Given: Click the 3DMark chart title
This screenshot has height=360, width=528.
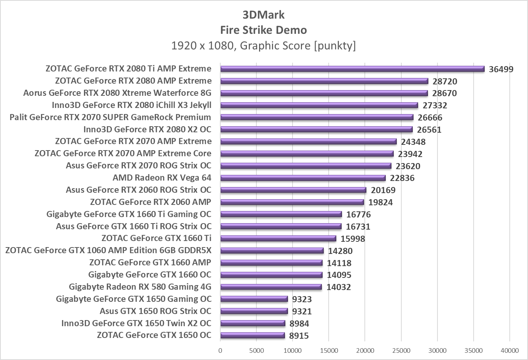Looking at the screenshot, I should coord(264,15).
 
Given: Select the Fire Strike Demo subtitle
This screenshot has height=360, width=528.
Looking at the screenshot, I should coord(264,30).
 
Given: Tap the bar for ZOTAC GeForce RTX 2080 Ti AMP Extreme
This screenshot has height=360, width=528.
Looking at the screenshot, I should coord(352,69).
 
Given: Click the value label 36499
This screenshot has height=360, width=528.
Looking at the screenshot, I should coord(501,69).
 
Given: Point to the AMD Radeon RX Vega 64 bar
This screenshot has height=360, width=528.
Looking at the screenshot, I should coord(303,178).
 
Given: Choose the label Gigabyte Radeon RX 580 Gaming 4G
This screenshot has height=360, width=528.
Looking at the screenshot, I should coord(140,287).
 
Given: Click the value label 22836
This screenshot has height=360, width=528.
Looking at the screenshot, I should coord(402,178).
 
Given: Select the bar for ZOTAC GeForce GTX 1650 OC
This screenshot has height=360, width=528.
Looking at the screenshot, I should coord(253,335).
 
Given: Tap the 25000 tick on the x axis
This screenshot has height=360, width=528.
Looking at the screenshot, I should coord(401,350).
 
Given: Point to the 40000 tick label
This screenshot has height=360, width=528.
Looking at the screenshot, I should coord(509,350).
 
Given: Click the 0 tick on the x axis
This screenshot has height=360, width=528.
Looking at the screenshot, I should coord(220,350).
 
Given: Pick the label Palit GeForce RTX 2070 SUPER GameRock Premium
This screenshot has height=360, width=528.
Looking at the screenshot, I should coord(110,117).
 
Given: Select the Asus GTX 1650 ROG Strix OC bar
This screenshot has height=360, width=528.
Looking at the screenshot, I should coord(254,311).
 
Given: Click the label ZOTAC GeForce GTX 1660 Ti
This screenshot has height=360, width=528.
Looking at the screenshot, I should coord(156,238).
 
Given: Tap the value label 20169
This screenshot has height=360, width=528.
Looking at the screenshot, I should coord(383,190).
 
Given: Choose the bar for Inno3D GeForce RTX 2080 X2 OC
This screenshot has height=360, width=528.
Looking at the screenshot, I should coord(316,129).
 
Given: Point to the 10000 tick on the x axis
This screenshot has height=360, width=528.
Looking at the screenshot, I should coord(293,350).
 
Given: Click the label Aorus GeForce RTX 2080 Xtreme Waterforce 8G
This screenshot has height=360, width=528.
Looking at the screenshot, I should coord(117,93).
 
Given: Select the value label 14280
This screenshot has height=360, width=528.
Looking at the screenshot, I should coord(340,251).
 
